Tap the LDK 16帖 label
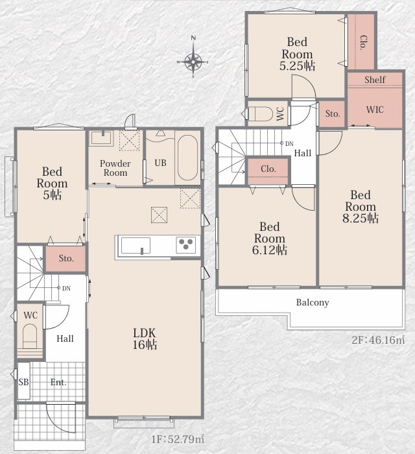145,339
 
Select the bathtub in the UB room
188,158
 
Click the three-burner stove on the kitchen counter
186,245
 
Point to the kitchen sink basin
136,246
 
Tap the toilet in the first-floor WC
30,336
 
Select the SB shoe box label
24,382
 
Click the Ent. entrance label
58,382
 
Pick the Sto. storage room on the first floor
65,258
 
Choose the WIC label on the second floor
375,110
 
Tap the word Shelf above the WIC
375,79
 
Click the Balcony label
313,303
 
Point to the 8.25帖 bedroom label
361,206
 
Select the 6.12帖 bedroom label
270,238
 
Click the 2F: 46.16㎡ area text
378,340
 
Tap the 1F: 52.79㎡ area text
178,439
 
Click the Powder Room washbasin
101,138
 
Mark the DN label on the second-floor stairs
289,143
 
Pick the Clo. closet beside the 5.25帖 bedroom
361,42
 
